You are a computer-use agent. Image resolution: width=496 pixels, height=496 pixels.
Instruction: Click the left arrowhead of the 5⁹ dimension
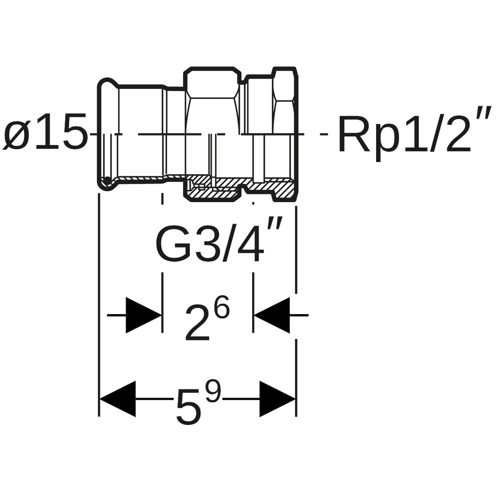pos(118,399)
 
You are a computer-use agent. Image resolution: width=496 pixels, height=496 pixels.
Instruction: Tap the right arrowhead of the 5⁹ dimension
pos(277,399)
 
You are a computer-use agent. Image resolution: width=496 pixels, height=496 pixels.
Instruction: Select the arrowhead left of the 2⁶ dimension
pos(144,315)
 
